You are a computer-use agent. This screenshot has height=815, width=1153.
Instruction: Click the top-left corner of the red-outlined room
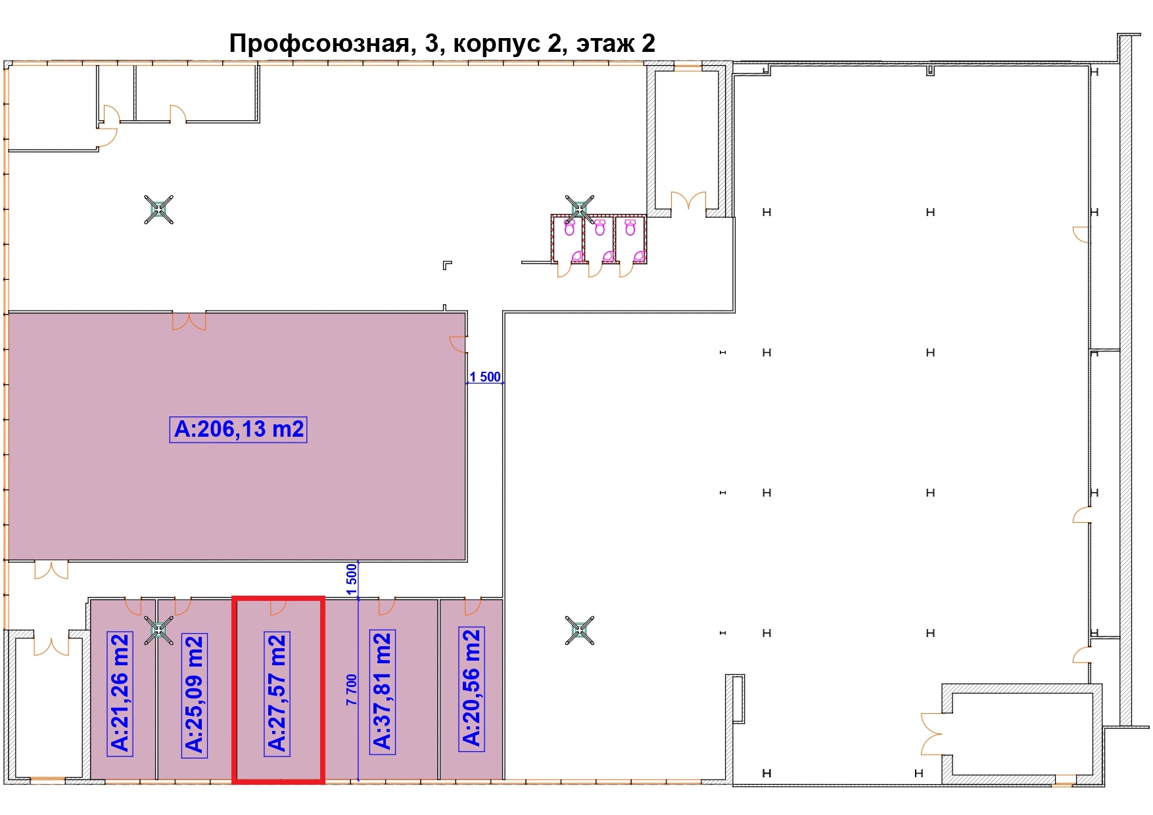pos(235,598)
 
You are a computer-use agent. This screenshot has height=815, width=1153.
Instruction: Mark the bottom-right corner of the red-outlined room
pos(323,781)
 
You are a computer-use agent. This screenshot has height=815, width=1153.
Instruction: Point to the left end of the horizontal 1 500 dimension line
pos(467,383)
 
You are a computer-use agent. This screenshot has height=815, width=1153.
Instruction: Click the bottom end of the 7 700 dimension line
pos(358,780)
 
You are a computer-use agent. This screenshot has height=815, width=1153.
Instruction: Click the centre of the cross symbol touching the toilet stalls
pos(579,209)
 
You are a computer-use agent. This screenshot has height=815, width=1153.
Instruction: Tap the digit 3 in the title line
pos(431,43)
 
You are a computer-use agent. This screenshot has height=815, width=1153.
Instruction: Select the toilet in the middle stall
pos(600,228)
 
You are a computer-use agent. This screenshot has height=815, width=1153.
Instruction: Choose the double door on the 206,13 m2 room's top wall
pos(189,321)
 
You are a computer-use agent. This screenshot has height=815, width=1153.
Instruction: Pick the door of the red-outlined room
pos(278,607)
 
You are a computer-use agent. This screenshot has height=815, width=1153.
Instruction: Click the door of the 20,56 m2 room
pos(473,607)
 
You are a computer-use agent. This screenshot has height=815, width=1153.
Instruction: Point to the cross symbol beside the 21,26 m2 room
pos(158,630)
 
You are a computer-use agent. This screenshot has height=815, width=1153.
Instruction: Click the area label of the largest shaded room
pos(239,429)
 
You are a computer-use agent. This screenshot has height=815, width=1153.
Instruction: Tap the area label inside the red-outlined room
pos(277,693)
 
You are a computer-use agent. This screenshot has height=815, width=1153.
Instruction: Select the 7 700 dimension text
pos(352,690)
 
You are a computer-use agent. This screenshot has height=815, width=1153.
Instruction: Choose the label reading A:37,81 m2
pos(383,692)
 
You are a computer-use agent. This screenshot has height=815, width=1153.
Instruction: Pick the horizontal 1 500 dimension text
pos(485,376)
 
